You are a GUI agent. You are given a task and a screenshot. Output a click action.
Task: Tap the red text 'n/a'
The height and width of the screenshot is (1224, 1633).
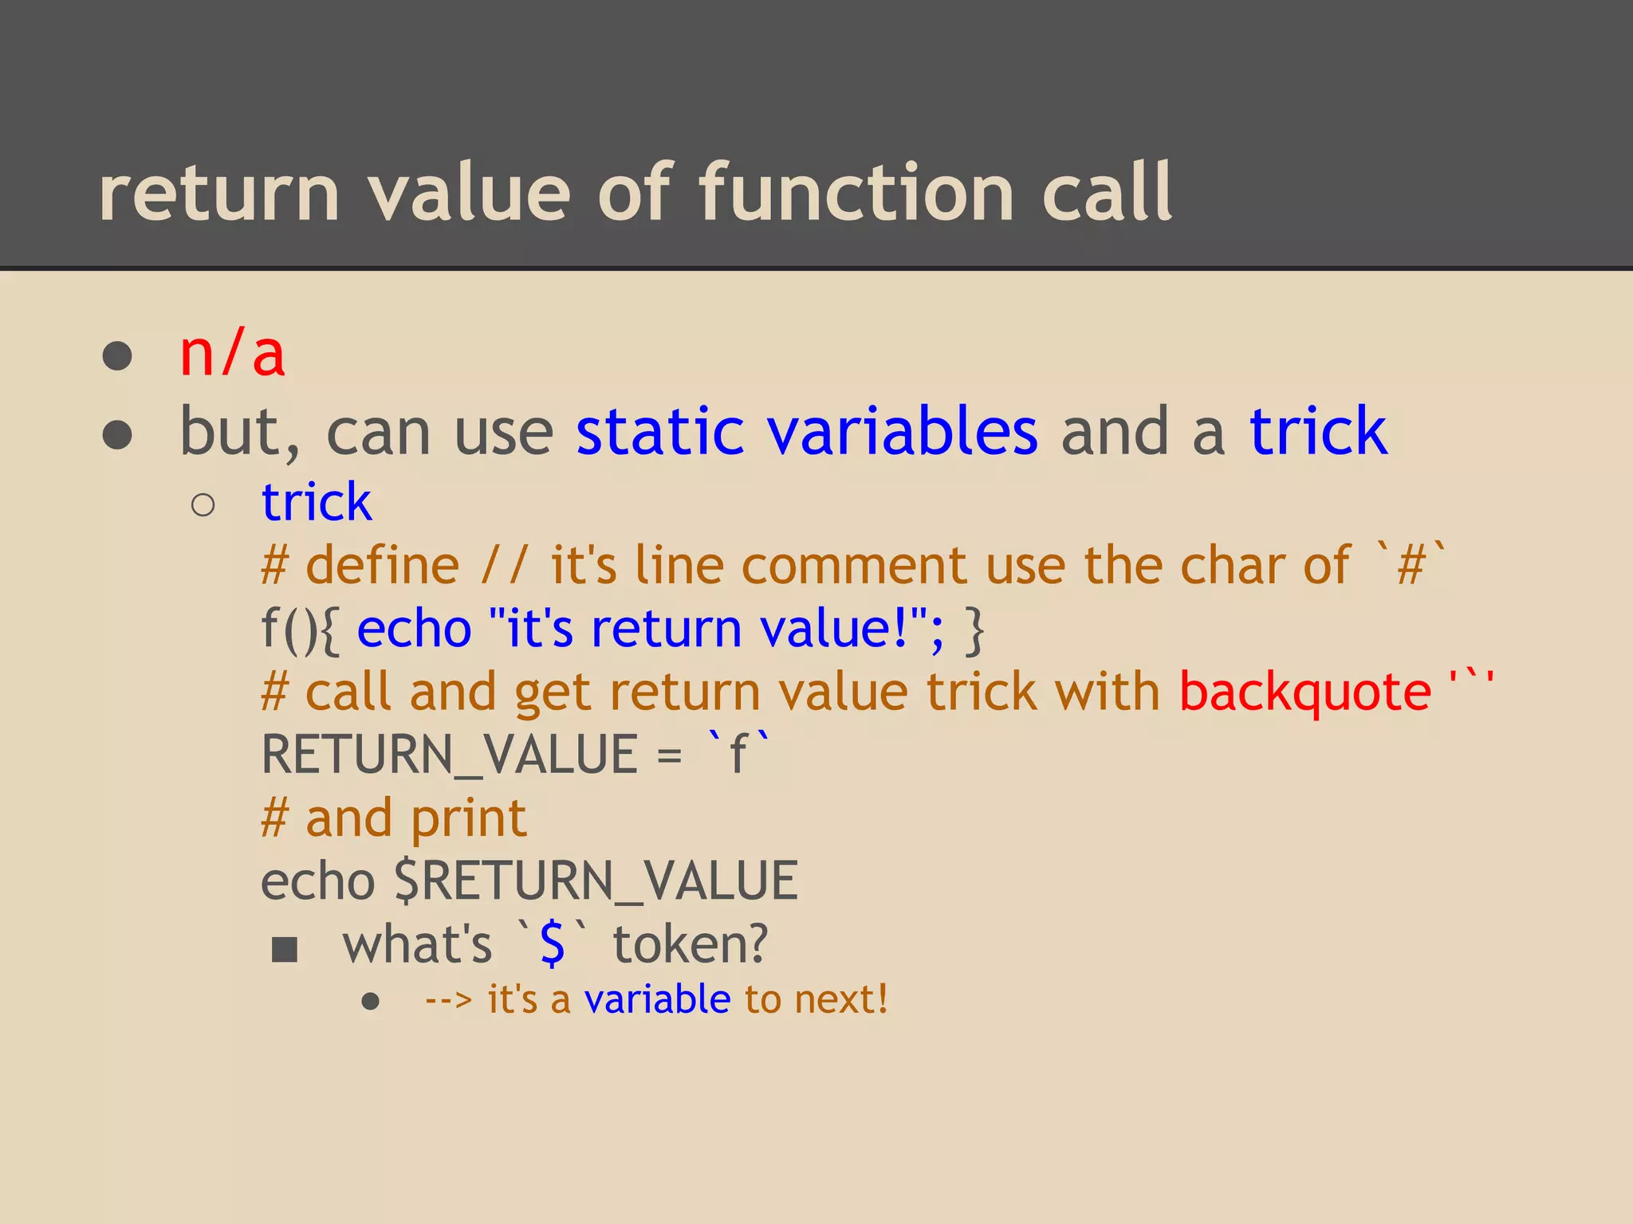pyautogui.click(x=232, y=354)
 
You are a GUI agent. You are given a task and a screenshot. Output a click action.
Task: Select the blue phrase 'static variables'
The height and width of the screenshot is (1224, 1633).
pyautogui.click(x=806, y=431)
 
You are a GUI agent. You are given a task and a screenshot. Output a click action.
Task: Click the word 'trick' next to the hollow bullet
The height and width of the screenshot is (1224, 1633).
pyautogui.click(x=317, y=503)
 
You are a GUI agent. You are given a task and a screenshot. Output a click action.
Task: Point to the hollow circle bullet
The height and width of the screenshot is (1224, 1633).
pyautogui.click(x=203, y=505)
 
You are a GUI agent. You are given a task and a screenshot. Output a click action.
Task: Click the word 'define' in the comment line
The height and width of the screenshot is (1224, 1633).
pyautogui.click(x=383, y=566)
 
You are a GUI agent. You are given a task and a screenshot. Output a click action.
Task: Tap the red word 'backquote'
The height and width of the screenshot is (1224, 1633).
pyautogui.click(x=1304, y=692)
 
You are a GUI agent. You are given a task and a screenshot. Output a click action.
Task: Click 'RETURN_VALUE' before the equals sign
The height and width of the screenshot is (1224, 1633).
pyautogui.click(x=449, y=755)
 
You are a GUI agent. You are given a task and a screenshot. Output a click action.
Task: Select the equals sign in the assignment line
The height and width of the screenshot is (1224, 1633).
pyautogui.click(x=669, y=755)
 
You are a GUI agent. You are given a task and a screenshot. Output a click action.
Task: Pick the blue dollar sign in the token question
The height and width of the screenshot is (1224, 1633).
pyautogui.click(x=552, y=944)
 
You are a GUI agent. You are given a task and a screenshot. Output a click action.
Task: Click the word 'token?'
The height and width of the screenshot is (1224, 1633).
pyautogui.click(x=690, y=944)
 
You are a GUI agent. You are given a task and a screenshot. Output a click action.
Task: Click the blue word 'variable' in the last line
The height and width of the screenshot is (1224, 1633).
pyautogui.click(x=657, y=999)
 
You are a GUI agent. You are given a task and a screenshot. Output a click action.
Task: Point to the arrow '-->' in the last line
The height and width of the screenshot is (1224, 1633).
pyautogui.click(x=448, y=1000)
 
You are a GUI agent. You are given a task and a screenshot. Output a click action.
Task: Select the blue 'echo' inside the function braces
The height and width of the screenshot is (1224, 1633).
pyautogui.click(x=414, y=630)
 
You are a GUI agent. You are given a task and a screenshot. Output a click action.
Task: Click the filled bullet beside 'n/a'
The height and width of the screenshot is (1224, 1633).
pyautogui.click(x=117, y=356)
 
